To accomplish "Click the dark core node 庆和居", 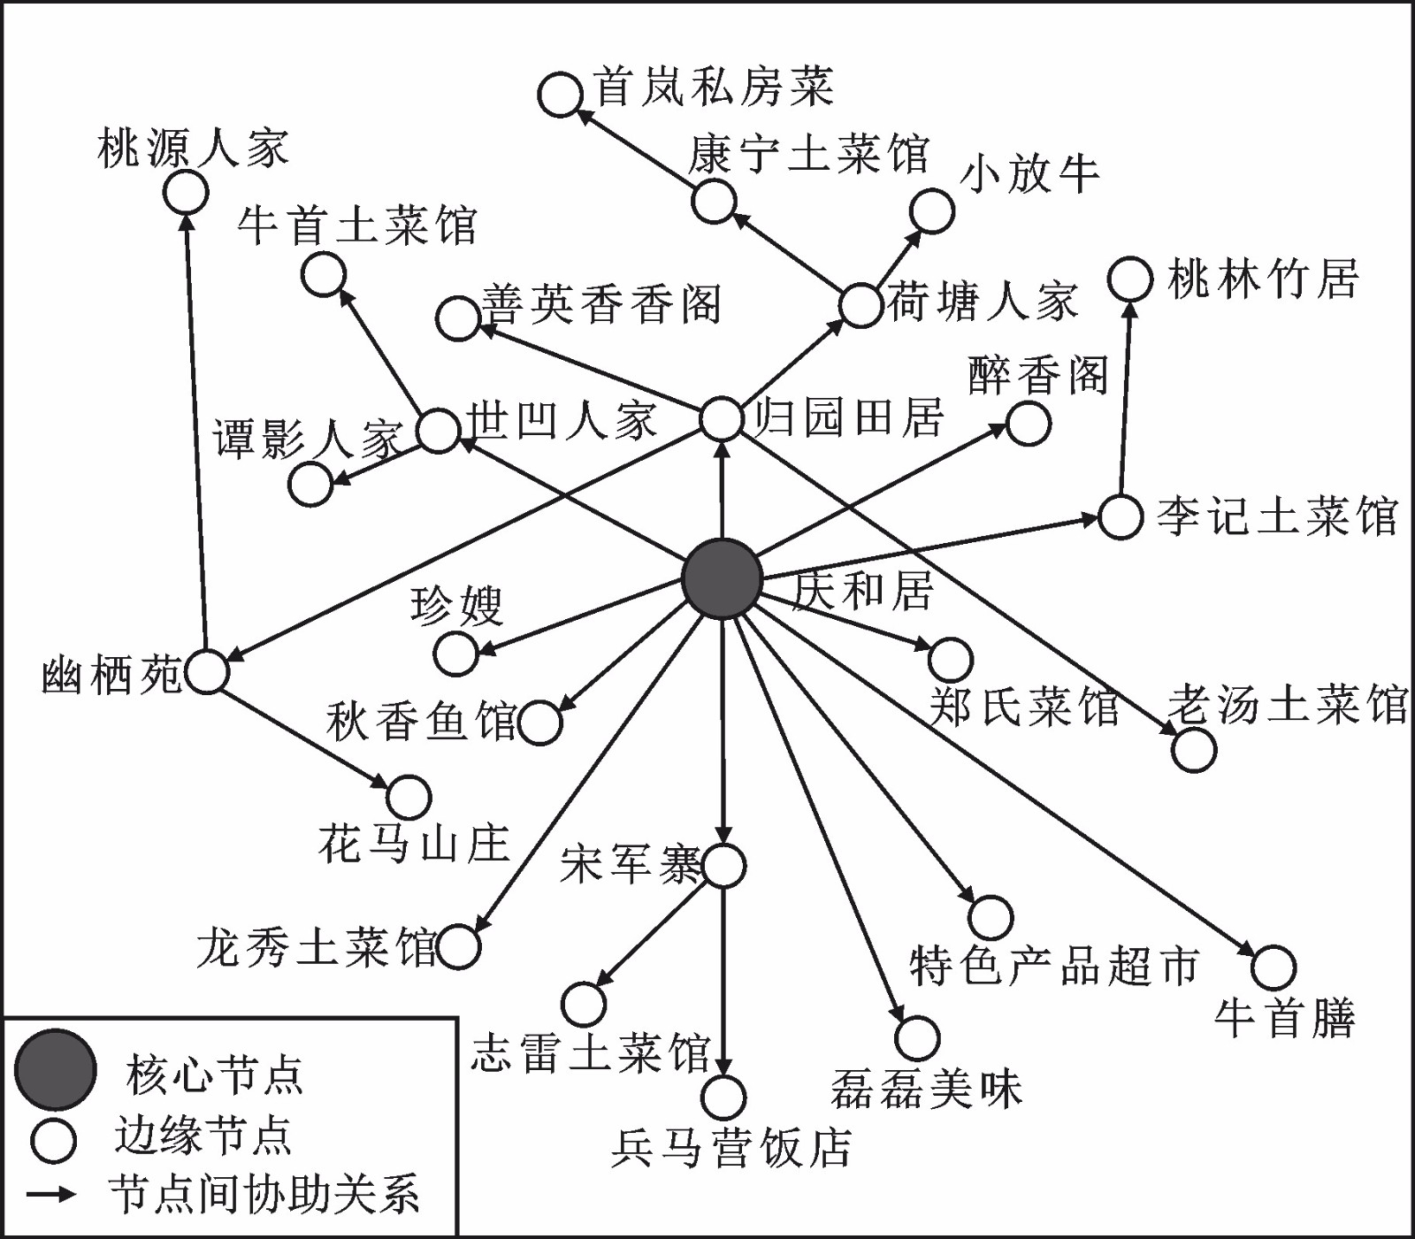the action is pyautogui.click(x=723, y=578).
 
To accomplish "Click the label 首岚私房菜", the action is pyautogui.click(x=714, y=87).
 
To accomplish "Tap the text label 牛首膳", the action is pyautogui.click(x=1285, y=1017).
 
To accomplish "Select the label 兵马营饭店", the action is pyautogui.click(x=731, y=1148).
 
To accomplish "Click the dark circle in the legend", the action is pyautogui.click(x=55, y=1070).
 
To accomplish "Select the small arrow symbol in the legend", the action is pyautogui.click(x=51, y=1194).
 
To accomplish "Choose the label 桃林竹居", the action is pyautogui.click(x=1263, y=279).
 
